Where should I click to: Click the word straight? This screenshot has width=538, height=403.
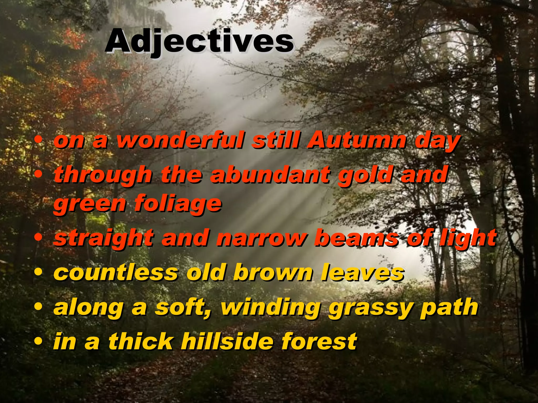click(x=104, y=238)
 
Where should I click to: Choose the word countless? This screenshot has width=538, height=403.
click(x=116, y=273)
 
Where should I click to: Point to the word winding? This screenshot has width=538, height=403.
click(x=271, y=307)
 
